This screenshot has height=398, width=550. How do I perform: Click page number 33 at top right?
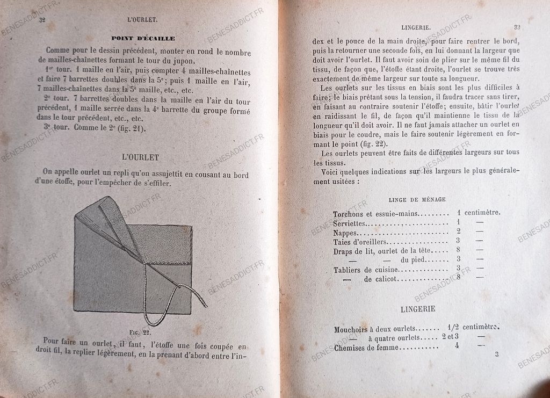[517, 27]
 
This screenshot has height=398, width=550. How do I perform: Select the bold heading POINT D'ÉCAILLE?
[143, 38]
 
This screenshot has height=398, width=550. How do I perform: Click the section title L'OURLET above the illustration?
[141, 157]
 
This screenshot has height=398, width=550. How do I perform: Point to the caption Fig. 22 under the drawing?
[140, 333]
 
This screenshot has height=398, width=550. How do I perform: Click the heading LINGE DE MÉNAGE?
[416, 199]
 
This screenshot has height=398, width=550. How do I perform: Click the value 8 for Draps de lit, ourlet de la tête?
[458, 250]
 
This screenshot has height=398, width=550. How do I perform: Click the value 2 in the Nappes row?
[458, 231]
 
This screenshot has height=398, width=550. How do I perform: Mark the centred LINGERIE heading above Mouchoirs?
[418, 309]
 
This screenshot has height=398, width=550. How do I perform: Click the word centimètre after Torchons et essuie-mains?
[482, 212]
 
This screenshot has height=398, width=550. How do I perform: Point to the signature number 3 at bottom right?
[497, 354]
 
